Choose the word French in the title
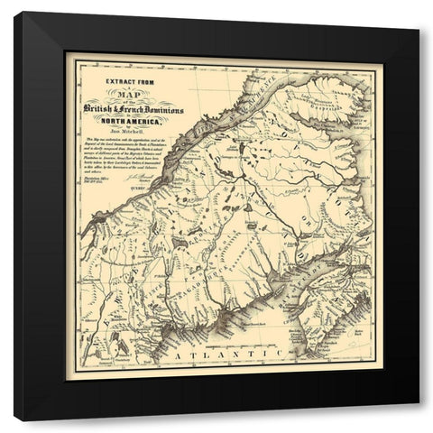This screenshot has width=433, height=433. coord(145,109)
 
